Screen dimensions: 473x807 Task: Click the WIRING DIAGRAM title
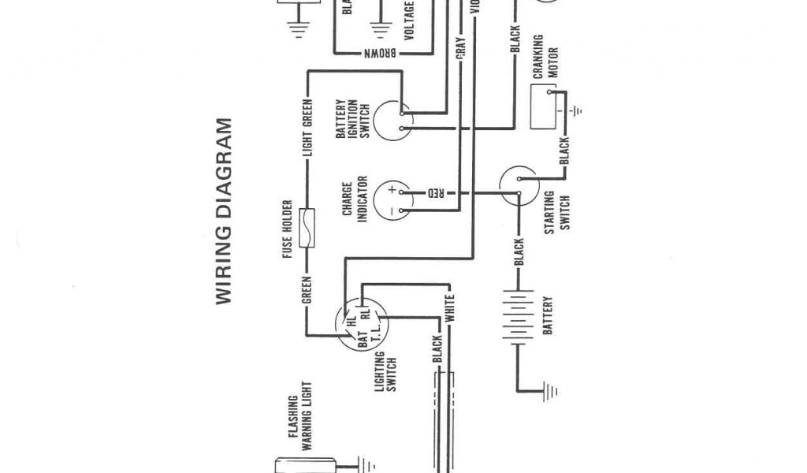coord(223,211)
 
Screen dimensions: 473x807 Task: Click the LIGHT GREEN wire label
coord(308,133)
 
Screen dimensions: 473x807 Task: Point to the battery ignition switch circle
coord(393,120)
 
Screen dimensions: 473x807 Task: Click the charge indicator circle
coord(393,200)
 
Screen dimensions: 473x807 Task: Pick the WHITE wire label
coord(449,309)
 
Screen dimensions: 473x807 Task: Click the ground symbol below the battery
coord(549,390)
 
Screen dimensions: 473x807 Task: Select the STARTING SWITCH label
coord(556,211)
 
